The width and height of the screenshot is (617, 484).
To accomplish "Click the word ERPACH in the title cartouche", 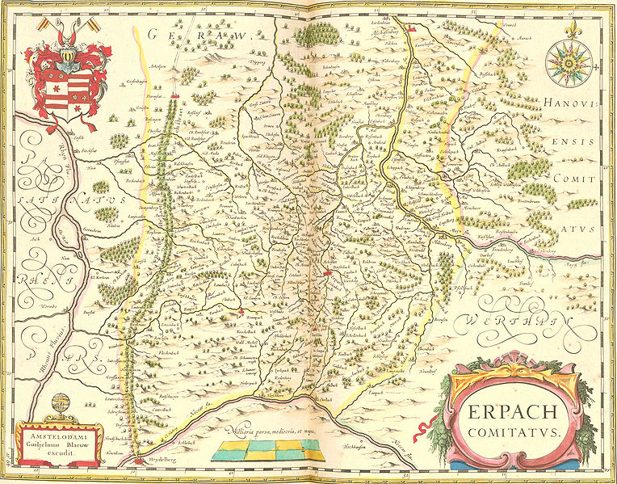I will point(510,413).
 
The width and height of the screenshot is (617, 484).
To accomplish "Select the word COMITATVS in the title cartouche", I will point(510,433).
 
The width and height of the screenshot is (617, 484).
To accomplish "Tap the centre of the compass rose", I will point(569,63).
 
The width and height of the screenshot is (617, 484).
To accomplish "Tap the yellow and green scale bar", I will point(268,452).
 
